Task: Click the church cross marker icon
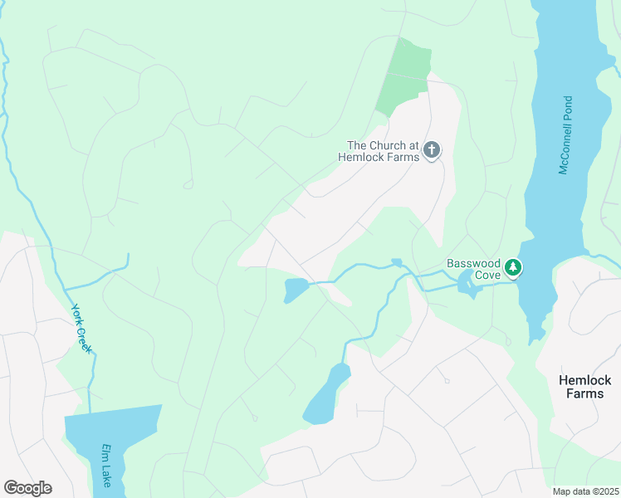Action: (431, 150)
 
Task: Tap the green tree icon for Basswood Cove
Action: (514, 267)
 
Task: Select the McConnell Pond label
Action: (566, 135)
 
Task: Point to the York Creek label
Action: (81, 328)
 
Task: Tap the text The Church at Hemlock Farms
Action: (379, 151)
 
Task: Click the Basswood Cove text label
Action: (473, 269)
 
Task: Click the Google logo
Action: (27, 488)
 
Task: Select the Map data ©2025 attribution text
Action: (585, 491)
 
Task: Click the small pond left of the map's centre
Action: (295, 290)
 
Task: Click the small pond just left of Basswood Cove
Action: (467, 284)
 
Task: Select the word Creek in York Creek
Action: (85, 339)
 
